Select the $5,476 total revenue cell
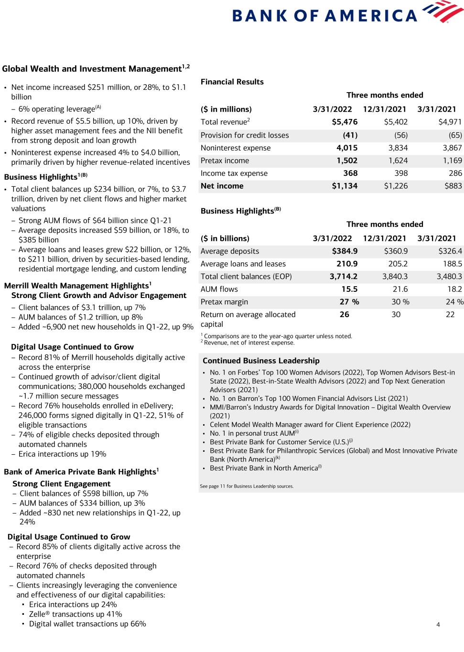tap(345, 122)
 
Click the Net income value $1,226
tap(396, 186)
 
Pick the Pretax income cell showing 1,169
tap(452, 161)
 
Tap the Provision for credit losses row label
tap(245, 135)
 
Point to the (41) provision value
tap(350, 135)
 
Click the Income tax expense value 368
tap(350, 173)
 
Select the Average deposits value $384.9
tap(345, 251)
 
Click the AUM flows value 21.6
tap(400, 289)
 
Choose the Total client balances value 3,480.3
tap(449, 277)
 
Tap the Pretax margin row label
tap(224, 302)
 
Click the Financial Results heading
tap(232, 82)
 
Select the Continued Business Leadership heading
tap(261, 361)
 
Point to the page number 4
tap(438, 624)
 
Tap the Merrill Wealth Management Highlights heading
tap(77, 286)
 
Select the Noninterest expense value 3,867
tap(452, 148)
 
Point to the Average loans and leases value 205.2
tap(398, 264)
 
